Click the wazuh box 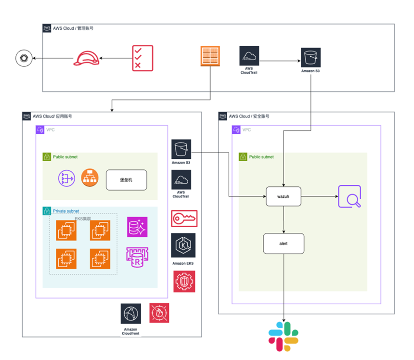[284, 197]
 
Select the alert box [284, 244]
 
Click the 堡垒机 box [126, 180]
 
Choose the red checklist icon [142, 58]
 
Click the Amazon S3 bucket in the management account [310, 57]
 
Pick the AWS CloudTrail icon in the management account [249, 56]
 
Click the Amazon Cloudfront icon [131, 313]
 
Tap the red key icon [184, 218]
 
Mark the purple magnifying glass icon [349, 197]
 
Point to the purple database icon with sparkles [137, 227]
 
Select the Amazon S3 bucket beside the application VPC [181, 149]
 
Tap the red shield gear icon [184, 281]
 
